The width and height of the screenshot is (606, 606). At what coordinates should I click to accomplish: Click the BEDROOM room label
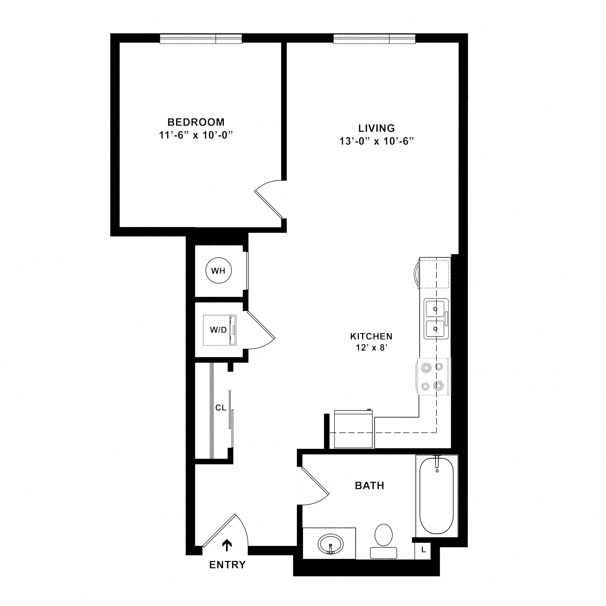click(196, 122)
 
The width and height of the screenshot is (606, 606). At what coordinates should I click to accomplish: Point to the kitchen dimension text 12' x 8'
click(372, 347)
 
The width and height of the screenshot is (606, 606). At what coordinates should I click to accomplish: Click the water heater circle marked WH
click(219, 271)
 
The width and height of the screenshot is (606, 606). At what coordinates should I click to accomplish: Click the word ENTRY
click(227, 565)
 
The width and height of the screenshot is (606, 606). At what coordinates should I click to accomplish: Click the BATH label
click(369, 486)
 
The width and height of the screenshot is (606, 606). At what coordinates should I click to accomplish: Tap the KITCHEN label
click(371, 337)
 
